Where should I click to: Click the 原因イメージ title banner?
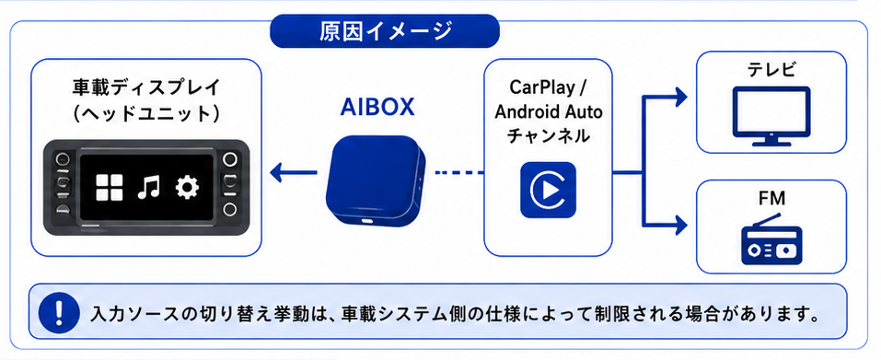pos(384,31)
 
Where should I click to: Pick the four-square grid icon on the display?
pos(109,188)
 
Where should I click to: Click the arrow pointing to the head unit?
pos(293,172)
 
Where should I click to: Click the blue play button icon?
pos(548,190)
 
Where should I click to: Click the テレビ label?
pos(772,70)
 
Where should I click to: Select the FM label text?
pos(771,198)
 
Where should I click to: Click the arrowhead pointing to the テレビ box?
pos(681,97)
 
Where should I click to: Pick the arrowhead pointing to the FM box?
pos(681,224)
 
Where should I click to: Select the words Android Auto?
pos(548,111)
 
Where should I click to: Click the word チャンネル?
pos(548,136)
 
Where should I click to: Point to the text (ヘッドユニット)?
pos(146,112)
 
